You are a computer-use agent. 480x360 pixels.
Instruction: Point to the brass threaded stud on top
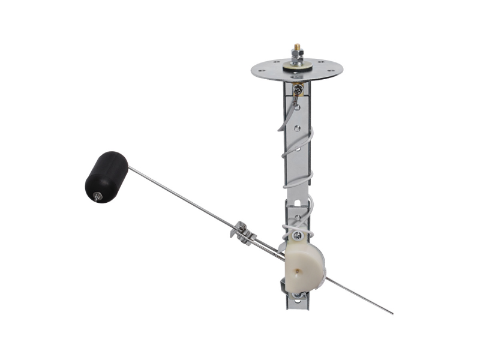pyautogui.click(x=296, y=47)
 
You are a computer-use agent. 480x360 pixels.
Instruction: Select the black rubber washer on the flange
pyautogui.click(x=297, y=67)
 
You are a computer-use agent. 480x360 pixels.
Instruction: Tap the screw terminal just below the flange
pyautogui.click(x=298, y=89)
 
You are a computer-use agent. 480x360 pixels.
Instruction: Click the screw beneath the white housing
pyautogui.click(x=296, y=294)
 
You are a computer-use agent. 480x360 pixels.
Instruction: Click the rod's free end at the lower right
pyautogui.click(x=391, y=313)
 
